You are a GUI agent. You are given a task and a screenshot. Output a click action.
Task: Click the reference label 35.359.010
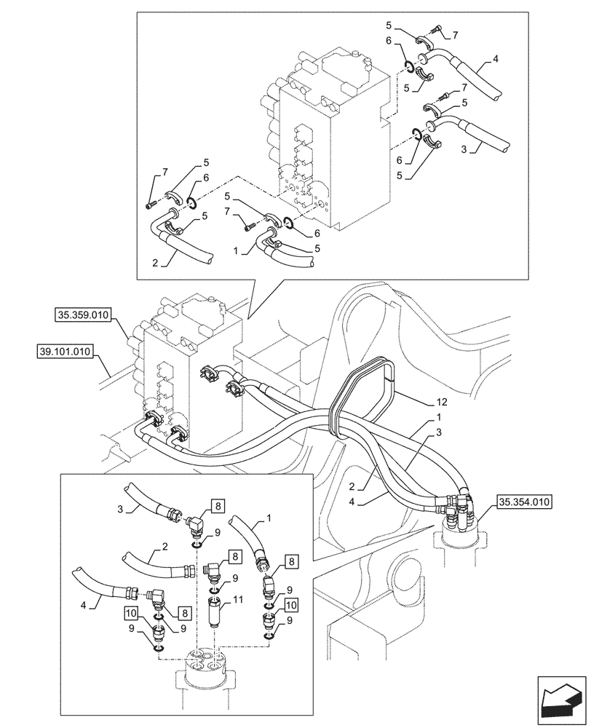(82, 315)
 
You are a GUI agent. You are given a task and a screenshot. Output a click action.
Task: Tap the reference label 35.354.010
(524, 502)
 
